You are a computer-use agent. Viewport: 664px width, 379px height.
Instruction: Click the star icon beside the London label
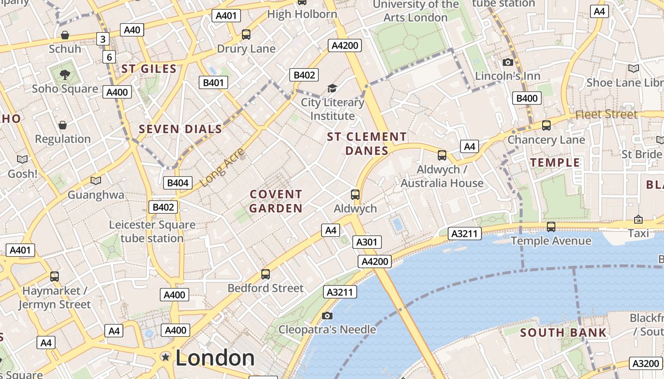tap(165, 357)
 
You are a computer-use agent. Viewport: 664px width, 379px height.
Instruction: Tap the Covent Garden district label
tap(276, 201)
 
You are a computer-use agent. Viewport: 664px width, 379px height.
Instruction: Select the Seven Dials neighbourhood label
tap(180, 129)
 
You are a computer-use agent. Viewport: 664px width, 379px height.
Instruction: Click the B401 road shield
tap(213, 83)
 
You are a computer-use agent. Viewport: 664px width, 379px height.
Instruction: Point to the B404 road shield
tap(178, 183)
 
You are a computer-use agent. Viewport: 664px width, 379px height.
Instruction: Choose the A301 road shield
tap(367, 242)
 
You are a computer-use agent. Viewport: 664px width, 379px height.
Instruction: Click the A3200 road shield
tap(646, 364)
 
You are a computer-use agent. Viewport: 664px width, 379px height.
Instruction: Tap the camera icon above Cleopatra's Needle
tap(327, 316)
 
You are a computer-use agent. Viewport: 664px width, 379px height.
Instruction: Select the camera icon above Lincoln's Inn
tap(507, 63)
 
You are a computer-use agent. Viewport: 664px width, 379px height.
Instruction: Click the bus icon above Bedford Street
tap(266, 274)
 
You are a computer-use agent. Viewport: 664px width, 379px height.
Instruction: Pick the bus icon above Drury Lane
tap(246, 35)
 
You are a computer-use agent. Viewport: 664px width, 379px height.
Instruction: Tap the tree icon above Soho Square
tap(65, 74)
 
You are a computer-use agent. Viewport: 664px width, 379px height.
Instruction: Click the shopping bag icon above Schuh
tap(65, 35)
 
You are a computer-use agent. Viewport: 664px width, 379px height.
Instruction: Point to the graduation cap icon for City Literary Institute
tap(332, 89)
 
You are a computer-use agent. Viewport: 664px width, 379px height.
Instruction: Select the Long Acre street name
tap(222, 167)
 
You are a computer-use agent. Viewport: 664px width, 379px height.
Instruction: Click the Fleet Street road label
tap(606, 115)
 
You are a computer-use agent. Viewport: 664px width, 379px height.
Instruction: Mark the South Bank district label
tap(563, 333)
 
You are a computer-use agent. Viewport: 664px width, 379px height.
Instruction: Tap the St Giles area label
tap(149, 69)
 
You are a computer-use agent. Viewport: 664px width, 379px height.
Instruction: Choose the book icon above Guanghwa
tap(96, 181)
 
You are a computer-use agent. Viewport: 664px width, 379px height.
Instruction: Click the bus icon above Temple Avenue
tap(551, 227)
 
